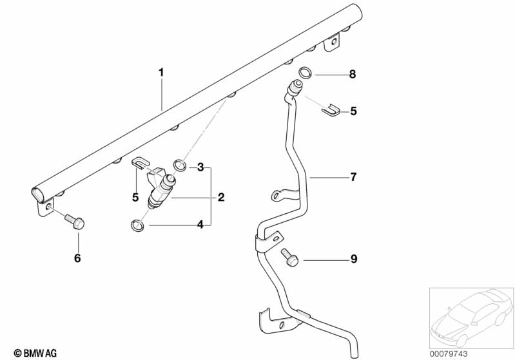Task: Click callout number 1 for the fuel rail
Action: [x=161, y=73]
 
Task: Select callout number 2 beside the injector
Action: [x=221, y=197]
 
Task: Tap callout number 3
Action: [x=200, y=167]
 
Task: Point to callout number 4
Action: [x=200, y=225]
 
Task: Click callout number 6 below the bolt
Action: [x=78, y=258]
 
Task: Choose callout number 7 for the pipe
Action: [x=353, y=176]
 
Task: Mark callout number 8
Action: [x=353, y=75]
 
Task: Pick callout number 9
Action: [x=353, y=260]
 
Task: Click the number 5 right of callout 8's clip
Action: [x=353, y=111]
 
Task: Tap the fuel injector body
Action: [x=162, y=191]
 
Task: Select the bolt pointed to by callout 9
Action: [x=289, y=257]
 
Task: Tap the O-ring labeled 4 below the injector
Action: [x=137, y=225]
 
